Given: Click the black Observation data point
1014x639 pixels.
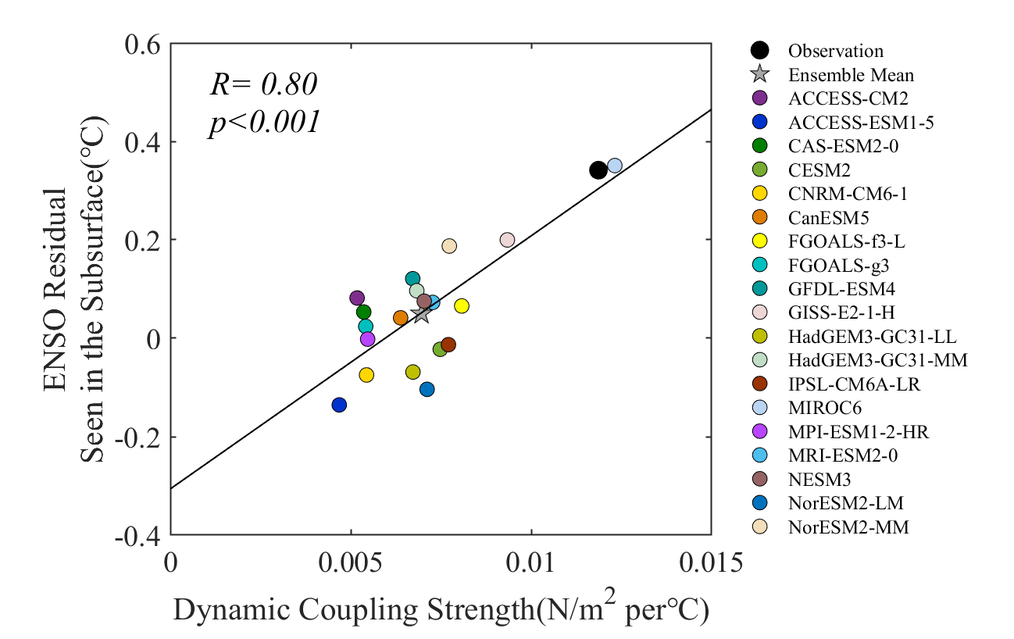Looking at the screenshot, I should tap(598, 170).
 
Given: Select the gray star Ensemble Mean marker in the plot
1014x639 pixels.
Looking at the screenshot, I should tap(421, 314).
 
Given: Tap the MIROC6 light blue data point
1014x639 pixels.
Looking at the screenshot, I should tap(615, 165).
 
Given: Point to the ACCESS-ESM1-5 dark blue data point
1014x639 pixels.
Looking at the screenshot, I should tap(339, 405).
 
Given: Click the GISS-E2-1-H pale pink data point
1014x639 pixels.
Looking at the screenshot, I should tap(507, 240).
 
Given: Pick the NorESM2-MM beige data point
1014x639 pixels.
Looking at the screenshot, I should tap(449, 246).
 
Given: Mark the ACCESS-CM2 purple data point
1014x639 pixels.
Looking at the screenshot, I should tap(357, 298).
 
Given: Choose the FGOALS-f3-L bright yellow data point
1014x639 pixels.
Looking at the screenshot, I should tap(462, 305).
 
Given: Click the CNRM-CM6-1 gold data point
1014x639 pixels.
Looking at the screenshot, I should tap(366, 375).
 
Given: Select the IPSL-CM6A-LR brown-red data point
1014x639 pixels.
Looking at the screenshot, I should tap(448, 344).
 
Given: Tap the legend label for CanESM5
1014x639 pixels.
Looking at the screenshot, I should tap(829, 218).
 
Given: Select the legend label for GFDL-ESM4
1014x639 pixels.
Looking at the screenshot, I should tap(840, 289).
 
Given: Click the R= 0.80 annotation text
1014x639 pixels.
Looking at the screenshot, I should tap(264, 84).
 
